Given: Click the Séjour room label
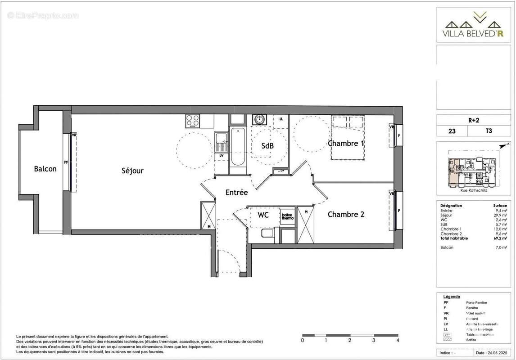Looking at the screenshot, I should pyautogui.click(x=132, y=171).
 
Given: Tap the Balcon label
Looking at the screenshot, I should pyautogui.click(x=45, y=169).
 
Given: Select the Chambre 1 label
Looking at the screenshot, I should pyautogui.click(x=346, y=144).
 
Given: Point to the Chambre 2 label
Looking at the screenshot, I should pyautogui.click(x=346, y=214).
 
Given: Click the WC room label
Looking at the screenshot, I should pyautogui.click(x=263, y=215).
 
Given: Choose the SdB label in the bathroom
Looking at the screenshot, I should pyautogui.click(x=268, y=146).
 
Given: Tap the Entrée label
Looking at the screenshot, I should pyautogui.click(x=236, y=193).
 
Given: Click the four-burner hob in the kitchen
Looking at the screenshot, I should pyautogui.click(x=193, y=121).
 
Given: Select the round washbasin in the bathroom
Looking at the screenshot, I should pyautogui.click(x=259, y=120).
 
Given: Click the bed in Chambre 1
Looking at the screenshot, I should pyautogui.click(x=348, y=137).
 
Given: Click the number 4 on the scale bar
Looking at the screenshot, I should pyautogui.click(x=398, y=341).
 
